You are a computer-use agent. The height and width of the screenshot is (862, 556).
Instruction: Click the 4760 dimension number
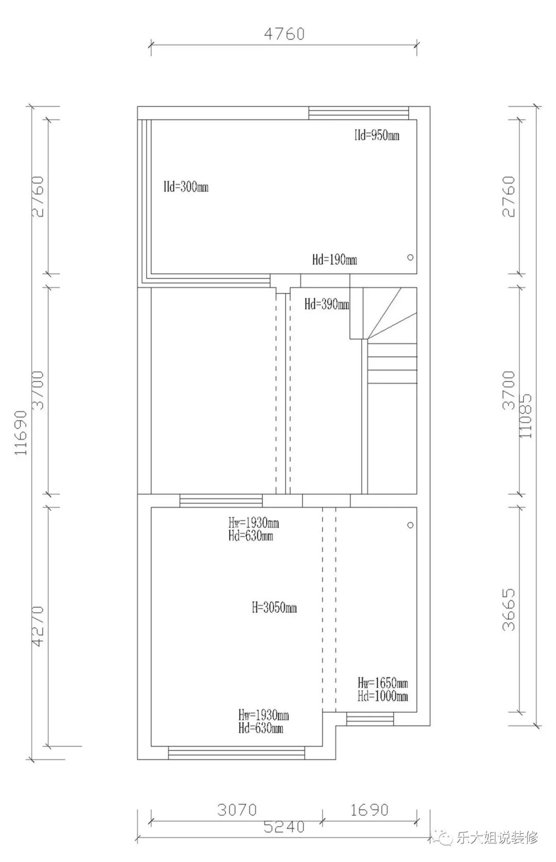click(284, 34)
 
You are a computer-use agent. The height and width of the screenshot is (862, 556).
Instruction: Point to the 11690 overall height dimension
click(21, 433)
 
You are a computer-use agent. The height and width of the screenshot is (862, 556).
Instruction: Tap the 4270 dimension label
click(38, 626)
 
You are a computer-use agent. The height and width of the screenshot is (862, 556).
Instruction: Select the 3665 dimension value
click(508, 610)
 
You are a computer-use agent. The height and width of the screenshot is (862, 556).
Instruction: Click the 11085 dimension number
click(525, 416)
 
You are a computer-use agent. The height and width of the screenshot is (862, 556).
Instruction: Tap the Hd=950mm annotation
click(377, 136)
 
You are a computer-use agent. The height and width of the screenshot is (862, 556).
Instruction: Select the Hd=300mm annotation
click(186, 187)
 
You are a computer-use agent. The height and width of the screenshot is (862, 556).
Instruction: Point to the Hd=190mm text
click(335, 260)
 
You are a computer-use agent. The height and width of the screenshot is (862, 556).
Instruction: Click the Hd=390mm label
click(327, 304)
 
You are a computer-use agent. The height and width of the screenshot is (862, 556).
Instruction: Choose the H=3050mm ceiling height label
click(274, 607)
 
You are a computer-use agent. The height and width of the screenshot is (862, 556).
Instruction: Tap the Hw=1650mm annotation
click(383, 683)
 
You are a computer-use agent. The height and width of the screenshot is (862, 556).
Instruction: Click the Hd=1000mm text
click(383, 696)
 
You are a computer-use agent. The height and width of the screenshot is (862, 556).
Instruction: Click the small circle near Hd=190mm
click(410, 258)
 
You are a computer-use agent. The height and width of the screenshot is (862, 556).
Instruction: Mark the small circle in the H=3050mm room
click(410, 525)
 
